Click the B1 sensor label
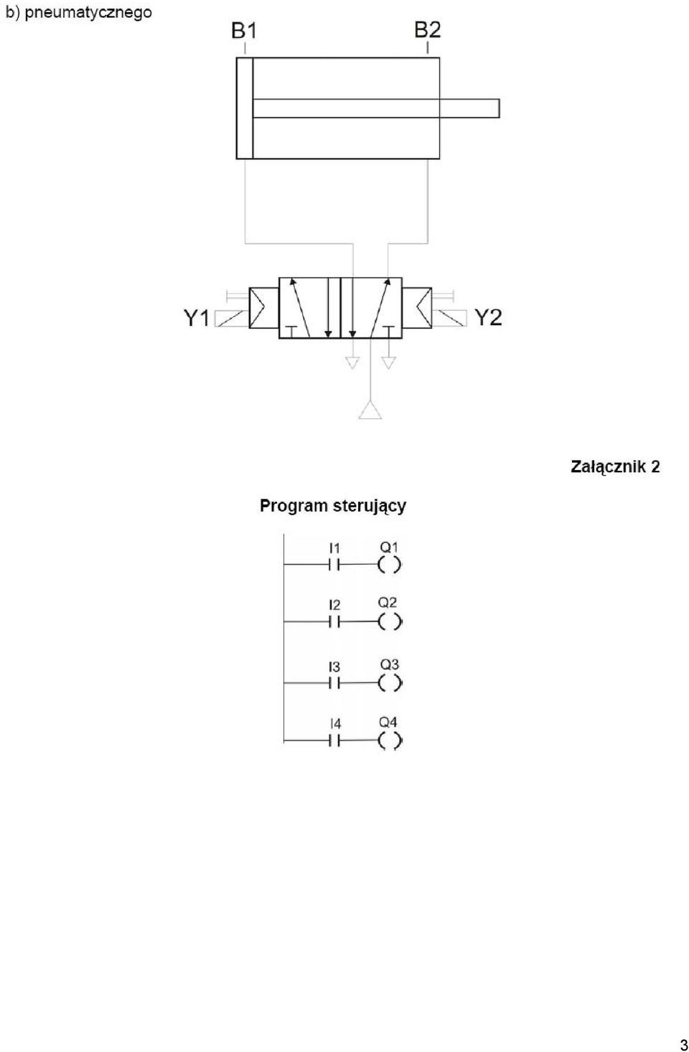point(244,31)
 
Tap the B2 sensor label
point(428,30)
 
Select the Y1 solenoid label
point(196,318)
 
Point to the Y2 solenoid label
point(489,317)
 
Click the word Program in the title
point(294,507)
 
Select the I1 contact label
point(334,548)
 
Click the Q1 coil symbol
point(389,565)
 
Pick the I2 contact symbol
point(334,622)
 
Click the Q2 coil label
point(388,602)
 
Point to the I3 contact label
point(334,667)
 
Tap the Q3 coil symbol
point(390,683)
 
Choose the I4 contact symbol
point(334,741)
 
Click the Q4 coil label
point(388,722)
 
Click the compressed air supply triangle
point(370,410)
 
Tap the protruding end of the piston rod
point(498,108)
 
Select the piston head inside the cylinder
point(245,108)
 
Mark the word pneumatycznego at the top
point(88,12)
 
